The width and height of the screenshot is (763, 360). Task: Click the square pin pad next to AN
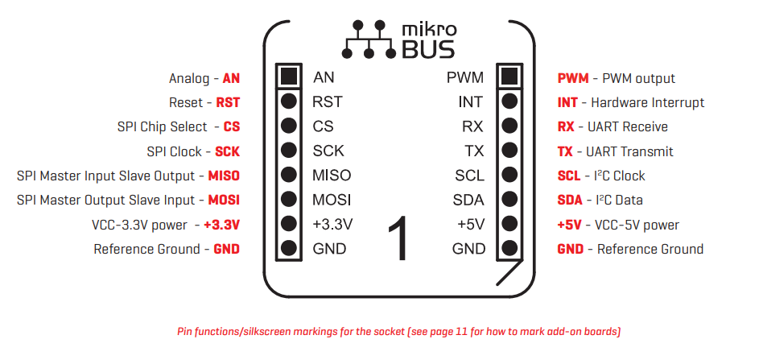point(289,77)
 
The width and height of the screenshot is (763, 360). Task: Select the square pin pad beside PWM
point(508,77)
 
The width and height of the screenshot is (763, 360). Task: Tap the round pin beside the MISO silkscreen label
point(289,175)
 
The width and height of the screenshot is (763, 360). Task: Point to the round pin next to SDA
point(508,200)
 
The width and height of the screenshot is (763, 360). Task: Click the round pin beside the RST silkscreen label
point(289,101)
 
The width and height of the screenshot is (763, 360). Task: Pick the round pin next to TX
point(508,151)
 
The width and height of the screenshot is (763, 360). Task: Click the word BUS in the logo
point(427,50)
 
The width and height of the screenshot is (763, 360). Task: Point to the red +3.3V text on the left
point(221,225)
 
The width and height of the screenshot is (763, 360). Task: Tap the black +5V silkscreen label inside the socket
point(470,225)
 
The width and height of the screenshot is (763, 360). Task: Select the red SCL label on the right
point(568,176)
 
